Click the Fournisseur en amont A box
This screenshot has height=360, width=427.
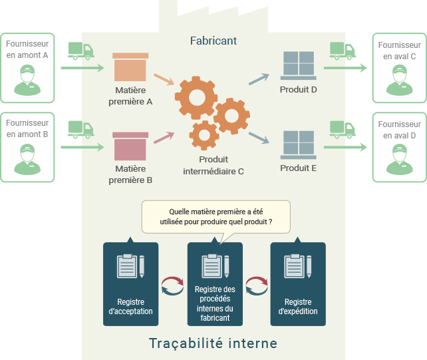tap(27, 68)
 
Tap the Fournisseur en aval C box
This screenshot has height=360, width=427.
tap(399, 68)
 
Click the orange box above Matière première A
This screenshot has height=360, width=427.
tap(130, 68)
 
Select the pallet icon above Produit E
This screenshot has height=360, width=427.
tap(299, 144)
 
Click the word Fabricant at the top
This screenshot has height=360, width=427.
tap(213, 41)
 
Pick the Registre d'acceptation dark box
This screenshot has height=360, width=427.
tap(130, 284)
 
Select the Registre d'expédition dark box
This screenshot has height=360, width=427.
tap(298, 284)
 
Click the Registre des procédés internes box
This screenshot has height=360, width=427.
tap(214, 284)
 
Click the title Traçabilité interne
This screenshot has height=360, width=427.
tap(213, 343)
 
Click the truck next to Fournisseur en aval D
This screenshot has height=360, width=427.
tap(343, 128)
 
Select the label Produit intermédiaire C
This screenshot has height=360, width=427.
tap(213, 165)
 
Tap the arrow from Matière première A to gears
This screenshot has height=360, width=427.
tap(164, 80)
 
